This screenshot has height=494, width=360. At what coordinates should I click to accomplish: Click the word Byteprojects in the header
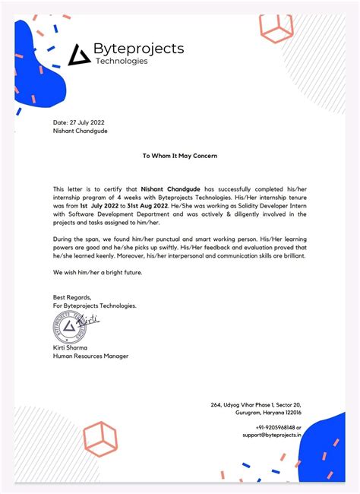coord(138,49)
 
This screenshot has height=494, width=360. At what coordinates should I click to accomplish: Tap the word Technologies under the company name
coord(122,62)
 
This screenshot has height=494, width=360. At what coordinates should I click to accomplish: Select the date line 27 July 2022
coord(80,122)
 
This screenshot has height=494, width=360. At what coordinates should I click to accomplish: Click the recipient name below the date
coord(80,131)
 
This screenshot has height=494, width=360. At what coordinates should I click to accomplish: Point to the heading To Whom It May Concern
coord(180,156)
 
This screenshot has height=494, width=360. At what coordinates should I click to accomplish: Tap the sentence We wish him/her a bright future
coord(97,272)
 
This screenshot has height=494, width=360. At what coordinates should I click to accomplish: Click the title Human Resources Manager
coord(90,356)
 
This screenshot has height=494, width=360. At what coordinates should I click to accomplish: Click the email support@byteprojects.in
coord(272,435)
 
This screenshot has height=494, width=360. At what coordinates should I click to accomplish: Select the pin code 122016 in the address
coord(289,413)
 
